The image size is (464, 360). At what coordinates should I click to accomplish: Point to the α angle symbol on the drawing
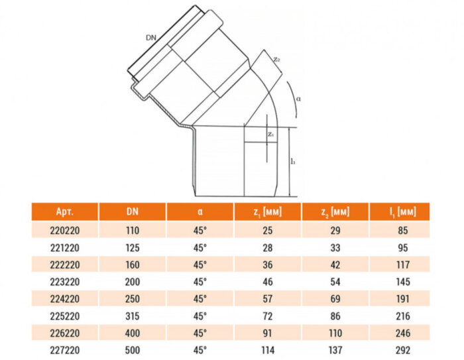[x=299, y=98]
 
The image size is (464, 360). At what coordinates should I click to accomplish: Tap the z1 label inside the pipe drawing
[x=270, y=134]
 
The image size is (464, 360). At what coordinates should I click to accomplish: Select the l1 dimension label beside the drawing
[x=292, y=161]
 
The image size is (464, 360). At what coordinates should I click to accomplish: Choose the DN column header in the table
[x=133, y=212]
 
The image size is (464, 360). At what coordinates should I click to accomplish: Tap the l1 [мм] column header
[x=402, y=212]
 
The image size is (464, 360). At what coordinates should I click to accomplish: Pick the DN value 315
[x=133, y=314]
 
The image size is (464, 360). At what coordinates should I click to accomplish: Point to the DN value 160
[x=133, y=264]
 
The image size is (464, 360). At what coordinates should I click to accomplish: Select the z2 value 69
[x=335, y=298]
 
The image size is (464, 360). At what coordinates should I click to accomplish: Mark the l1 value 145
[x=402, y=280]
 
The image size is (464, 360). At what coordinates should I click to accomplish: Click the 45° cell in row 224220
[x=200, y=298]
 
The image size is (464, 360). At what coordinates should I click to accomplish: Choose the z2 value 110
[x=335, y=331]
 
